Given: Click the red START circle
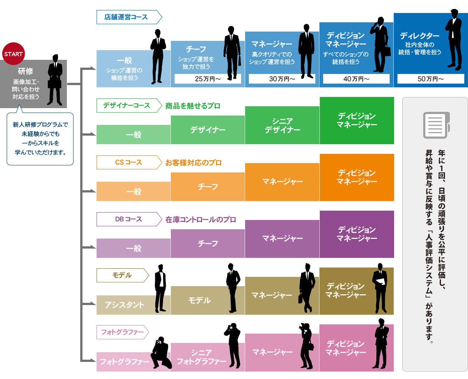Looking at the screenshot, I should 14,54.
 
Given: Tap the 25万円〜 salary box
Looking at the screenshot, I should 208,79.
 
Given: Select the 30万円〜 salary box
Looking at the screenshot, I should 282,79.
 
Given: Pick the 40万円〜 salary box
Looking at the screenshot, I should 356,79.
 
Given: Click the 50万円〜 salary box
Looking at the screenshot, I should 430,79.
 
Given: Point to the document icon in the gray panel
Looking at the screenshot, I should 436,125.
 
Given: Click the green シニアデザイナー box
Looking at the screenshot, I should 282,125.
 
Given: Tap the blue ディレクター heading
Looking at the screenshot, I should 419,36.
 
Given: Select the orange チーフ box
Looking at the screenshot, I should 208,187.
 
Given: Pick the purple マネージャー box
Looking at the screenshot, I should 282,239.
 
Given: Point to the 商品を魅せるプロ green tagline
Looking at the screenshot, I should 193,106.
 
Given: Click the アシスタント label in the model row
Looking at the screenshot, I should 124,305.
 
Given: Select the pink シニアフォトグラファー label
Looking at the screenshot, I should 201,357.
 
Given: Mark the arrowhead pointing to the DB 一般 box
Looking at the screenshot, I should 93,247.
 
